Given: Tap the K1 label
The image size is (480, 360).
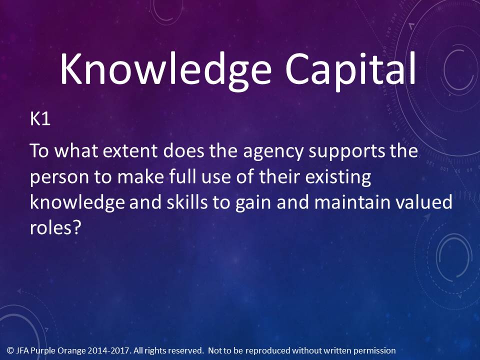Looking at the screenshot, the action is [40, 119].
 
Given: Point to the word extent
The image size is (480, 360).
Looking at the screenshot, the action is [130, 151].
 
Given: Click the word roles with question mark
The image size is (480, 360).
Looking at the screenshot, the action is [55, 228].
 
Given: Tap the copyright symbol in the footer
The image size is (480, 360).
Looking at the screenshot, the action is [10, 350].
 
